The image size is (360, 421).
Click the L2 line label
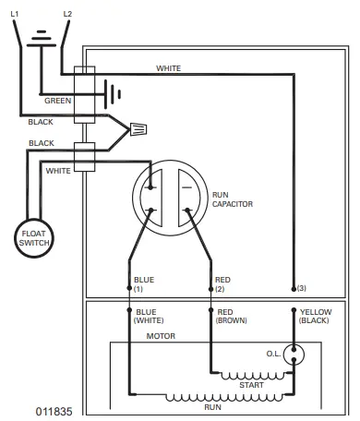tap(66, 14)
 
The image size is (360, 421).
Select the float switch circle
tap(33, 239)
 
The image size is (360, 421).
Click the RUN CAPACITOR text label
tap(231, 198)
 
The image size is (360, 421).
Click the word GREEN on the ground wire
tap(57, 100)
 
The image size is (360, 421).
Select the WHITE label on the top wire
tap(169, 68)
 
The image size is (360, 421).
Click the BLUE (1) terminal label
tap(144, 283)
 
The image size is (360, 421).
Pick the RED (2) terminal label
tap(222, 283)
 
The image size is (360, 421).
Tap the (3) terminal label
tap(302, 288)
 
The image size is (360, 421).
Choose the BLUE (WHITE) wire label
tap(150, 317)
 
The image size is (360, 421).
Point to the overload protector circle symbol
tap(295, 352)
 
